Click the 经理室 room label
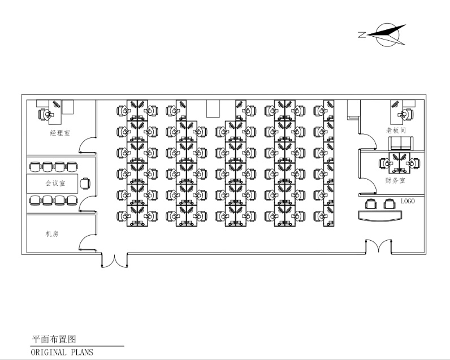pos(59,133)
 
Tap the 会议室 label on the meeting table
pos(55,183)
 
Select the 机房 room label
pos(52,233)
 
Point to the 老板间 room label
pos(396,130)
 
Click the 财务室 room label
pos(395,181)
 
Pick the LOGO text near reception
pos(408,201)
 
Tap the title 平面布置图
pos(53,339)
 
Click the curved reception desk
pos(379,215)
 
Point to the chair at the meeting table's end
pos(85,183)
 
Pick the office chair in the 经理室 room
pos(44,114)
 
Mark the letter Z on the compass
pos(361,35)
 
